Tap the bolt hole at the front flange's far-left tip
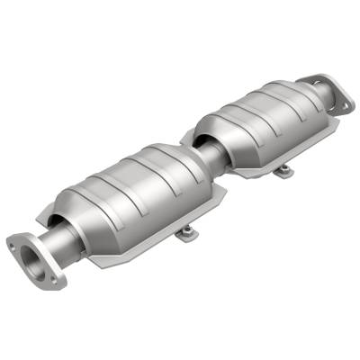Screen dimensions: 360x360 tap(13, 241)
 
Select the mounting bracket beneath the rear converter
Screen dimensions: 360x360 tap(283, 169)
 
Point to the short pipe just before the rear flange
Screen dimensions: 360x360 tap(306, 97)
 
